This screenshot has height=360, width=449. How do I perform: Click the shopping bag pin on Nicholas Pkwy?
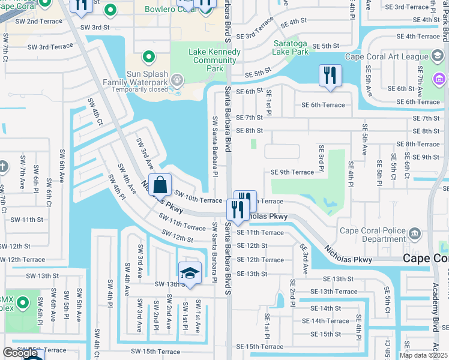[x=161, y=185]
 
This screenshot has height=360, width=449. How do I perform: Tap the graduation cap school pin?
[x=190, y=273]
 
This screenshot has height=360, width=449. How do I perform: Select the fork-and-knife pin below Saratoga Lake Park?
[x=330, y=76]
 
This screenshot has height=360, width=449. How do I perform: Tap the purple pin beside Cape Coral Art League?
[x=439, y=79]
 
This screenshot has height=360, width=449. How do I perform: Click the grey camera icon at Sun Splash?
[x=176, y=79]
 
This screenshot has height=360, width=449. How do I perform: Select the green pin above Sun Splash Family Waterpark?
[x=149, y=58]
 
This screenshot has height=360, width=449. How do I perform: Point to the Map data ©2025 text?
[x=423, y=355]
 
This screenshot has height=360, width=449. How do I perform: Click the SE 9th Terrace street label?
[x=292, y=172]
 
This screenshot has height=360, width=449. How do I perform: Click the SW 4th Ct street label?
[x=93, y=112]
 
